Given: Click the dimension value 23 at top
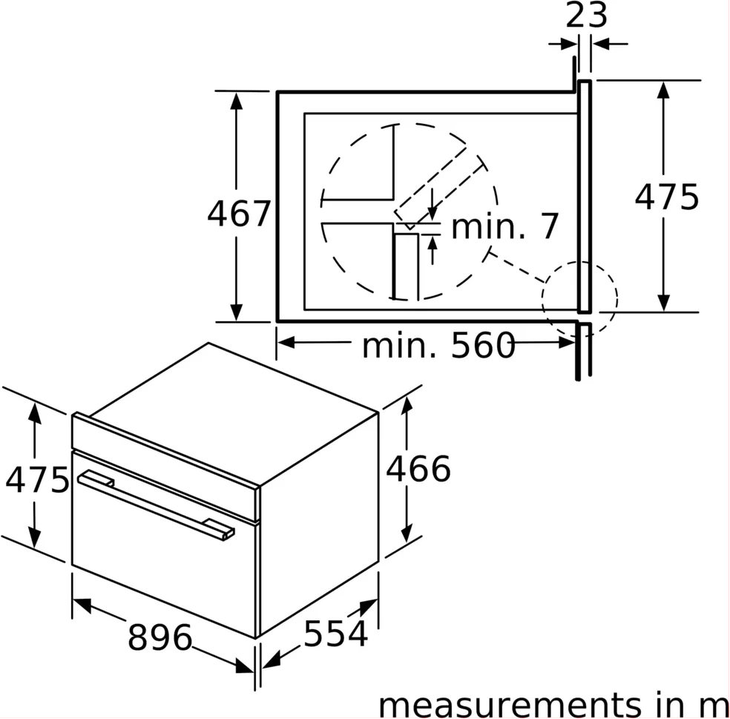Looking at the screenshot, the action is point(586,16).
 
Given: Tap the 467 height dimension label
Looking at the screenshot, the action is point(239,214).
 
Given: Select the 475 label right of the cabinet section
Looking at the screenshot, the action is point(667,197).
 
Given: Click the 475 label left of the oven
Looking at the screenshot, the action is point(37,479).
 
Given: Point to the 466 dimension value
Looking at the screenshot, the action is point(418,468).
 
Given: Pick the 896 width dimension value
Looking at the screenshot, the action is point(160,637).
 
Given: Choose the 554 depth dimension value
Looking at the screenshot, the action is point(335,634).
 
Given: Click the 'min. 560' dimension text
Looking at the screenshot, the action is point(438,346).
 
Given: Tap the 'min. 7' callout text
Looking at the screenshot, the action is point(505,227).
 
